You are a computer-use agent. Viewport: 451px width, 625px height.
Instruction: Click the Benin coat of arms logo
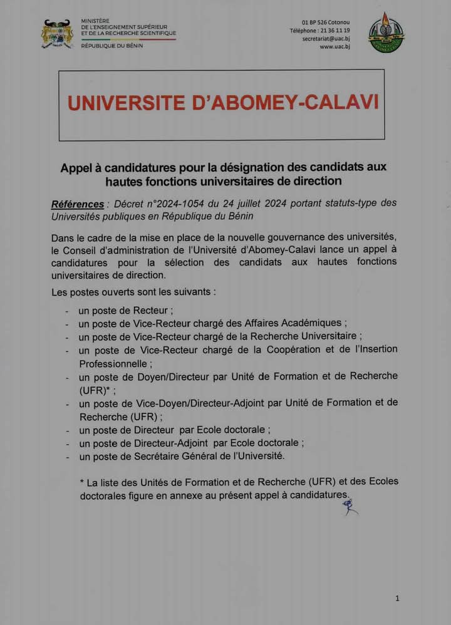(58, 34)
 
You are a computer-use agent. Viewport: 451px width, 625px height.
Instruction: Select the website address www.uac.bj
(334, 47)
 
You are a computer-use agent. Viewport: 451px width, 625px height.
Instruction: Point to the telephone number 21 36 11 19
(335, 31)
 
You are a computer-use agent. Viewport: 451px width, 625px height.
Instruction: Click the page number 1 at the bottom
(397, 599)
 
